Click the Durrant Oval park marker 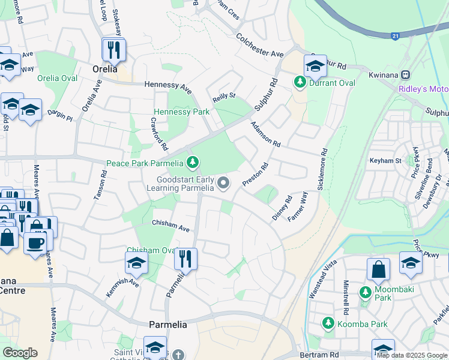pos(299,82)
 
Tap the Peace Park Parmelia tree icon pos(192,163)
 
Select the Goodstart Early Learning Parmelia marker pos(224,183)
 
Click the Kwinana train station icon pos(406,75)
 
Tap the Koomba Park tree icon pos(328,323)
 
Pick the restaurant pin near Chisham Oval pos(185,259)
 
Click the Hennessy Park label pos(181,112)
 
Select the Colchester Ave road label pos(259,45)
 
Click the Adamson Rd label pos(266,134)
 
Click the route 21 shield pos(396,36)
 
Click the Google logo pos(20,353)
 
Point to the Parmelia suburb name pos(168,325)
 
